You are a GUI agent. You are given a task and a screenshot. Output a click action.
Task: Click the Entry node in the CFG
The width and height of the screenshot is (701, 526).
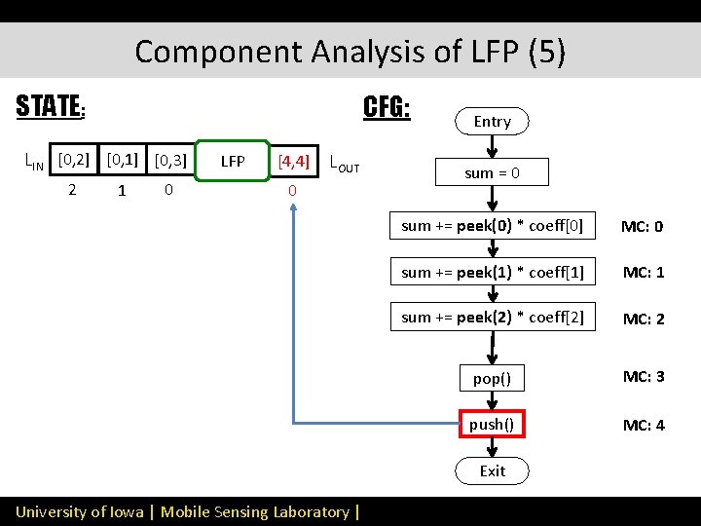point(492,121)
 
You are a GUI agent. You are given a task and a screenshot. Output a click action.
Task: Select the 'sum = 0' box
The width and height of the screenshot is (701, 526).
point(492,173)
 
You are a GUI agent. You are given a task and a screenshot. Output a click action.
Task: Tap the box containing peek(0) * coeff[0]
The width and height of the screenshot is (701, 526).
point(493,226)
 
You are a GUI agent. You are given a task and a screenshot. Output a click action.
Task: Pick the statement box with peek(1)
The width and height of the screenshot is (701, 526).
point(493,272)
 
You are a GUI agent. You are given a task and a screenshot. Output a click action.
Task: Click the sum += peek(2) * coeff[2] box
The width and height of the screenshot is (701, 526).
point(493,317)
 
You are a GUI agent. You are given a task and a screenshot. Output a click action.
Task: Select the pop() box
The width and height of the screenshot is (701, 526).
point(492,378)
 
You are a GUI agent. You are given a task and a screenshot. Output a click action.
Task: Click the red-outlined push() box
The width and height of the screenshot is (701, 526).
point(492,424)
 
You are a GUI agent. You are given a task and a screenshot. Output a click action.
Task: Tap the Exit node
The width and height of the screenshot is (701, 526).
point(492,470)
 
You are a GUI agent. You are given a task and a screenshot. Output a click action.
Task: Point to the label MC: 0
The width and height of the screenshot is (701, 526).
point(643,227)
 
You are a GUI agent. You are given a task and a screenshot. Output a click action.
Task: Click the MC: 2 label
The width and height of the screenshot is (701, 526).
point(643,319)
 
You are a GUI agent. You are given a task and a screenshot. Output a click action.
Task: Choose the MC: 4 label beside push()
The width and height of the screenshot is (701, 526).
point(643,425)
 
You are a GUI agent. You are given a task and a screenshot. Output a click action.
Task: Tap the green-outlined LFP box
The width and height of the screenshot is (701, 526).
point(233,161)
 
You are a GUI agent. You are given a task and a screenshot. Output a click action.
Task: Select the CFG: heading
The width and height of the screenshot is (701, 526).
point(387,106)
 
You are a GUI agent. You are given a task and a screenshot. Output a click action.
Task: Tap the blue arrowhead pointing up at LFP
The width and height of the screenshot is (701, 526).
point(293,210)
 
